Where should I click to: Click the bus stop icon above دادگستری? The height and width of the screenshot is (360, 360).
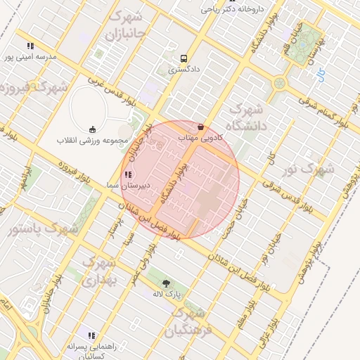(x=184, y=59)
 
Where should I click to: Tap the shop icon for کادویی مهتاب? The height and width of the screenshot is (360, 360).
(x=200, y=127)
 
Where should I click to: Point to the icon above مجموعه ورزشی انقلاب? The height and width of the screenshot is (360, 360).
(x=92, y=129)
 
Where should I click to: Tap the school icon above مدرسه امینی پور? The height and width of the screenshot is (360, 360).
(x=30, y=46)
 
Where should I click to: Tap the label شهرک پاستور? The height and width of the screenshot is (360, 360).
(x=41, y=229)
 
